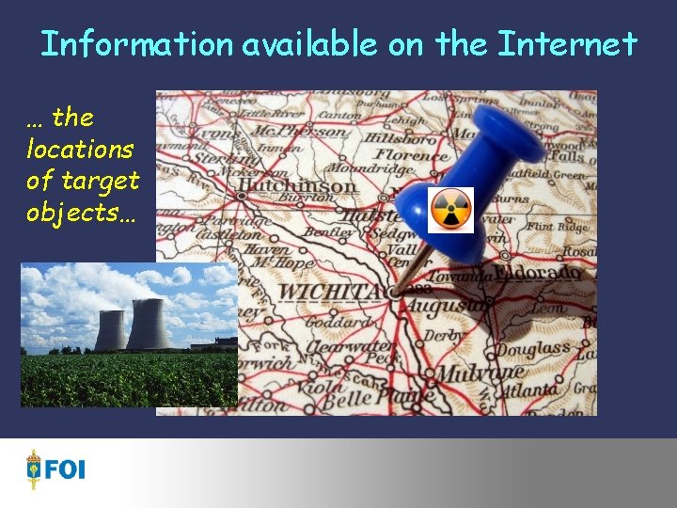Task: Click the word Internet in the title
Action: [567, 43]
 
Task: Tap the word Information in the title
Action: [135, 43]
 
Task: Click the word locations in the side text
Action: [80, 149]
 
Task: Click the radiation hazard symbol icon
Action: [450, 210]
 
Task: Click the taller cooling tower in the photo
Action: [150, 324]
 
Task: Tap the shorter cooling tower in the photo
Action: [110, 330]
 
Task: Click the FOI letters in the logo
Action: [65, 468]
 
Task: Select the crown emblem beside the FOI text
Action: [35, 468]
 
